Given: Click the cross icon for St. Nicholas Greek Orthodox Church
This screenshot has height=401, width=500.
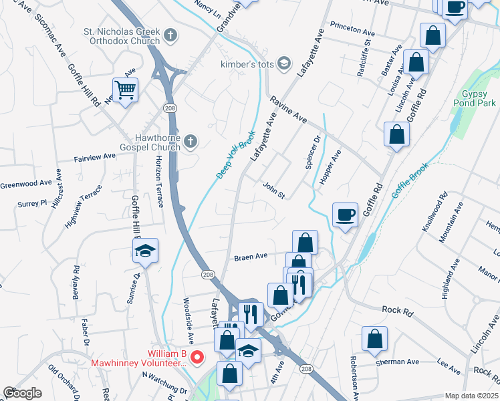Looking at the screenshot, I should click(170, 35).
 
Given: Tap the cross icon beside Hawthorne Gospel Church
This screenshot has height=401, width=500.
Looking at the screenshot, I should click(191, 141).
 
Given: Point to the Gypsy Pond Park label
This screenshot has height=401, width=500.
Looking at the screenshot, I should click(478, 99).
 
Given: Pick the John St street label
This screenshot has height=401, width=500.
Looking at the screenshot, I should click(274, 190).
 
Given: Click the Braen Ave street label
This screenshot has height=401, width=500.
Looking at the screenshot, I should click(250, 256).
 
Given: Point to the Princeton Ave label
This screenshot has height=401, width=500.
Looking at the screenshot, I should click(353, 30).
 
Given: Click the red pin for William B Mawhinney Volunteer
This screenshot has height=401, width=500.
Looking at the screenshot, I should click(197, 358).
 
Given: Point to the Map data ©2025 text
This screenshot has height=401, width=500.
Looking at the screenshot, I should click(472, 396).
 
